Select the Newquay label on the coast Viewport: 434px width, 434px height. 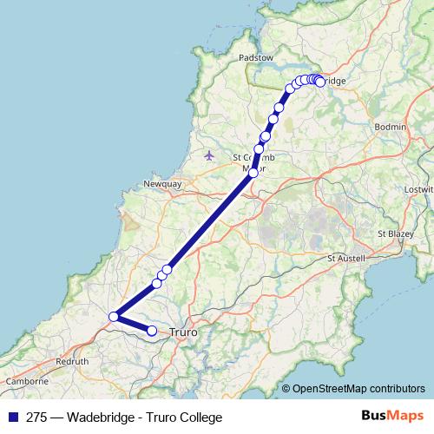click(161, 185)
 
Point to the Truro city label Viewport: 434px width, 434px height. click(184, 332)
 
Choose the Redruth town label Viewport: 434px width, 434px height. click(72, 359)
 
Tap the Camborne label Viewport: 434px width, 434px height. click(25, 381)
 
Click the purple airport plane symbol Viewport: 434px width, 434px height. click(209, 155)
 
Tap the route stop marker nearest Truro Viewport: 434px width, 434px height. click(152, 330)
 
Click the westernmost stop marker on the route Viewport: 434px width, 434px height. click(114, 317)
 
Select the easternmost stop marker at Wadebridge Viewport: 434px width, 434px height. click(320, 82)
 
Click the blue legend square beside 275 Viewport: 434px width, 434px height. click(12, 418)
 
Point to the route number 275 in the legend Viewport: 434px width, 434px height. click(36, 418)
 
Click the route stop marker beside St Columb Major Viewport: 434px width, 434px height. click(253, 173)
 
